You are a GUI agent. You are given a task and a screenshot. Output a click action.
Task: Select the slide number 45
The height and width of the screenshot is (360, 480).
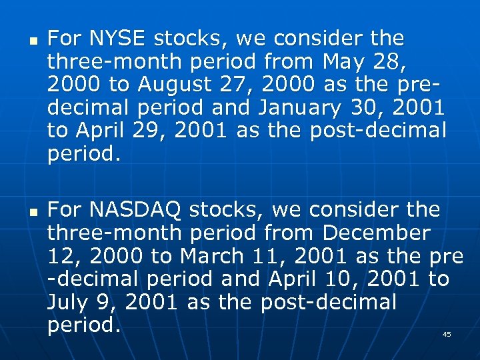click(447, 334)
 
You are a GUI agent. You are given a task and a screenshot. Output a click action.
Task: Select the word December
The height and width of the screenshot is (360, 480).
click(377, 233)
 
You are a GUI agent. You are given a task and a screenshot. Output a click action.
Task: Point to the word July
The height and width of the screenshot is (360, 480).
click(67, 303)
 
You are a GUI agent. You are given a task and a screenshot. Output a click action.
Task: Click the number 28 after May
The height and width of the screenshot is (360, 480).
click(390, 61)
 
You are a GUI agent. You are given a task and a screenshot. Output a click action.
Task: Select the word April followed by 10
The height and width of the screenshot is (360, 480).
click(293, 279)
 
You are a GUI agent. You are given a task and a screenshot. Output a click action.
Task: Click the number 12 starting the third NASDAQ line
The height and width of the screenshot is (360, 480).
click(59, 257)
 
